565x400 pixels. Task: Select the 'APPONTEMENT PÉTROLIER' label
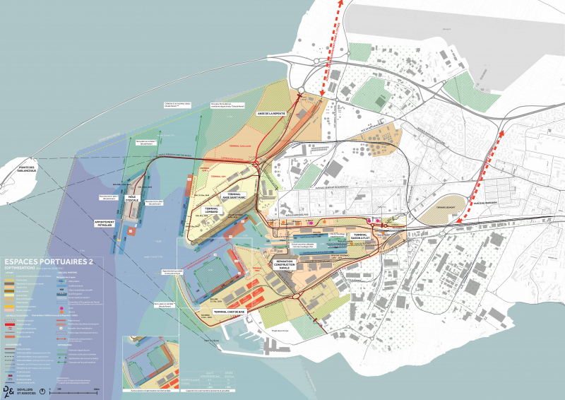click(109, 223)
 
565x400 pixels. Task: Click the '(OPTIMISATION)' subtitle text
click(18, 269)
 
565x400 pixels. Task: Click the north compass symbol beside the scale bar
click(44, 389)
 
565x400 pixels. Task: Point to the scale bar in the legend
click(78, 390)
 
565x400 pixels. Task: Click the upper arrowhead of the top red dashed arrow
click(343, 4)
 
